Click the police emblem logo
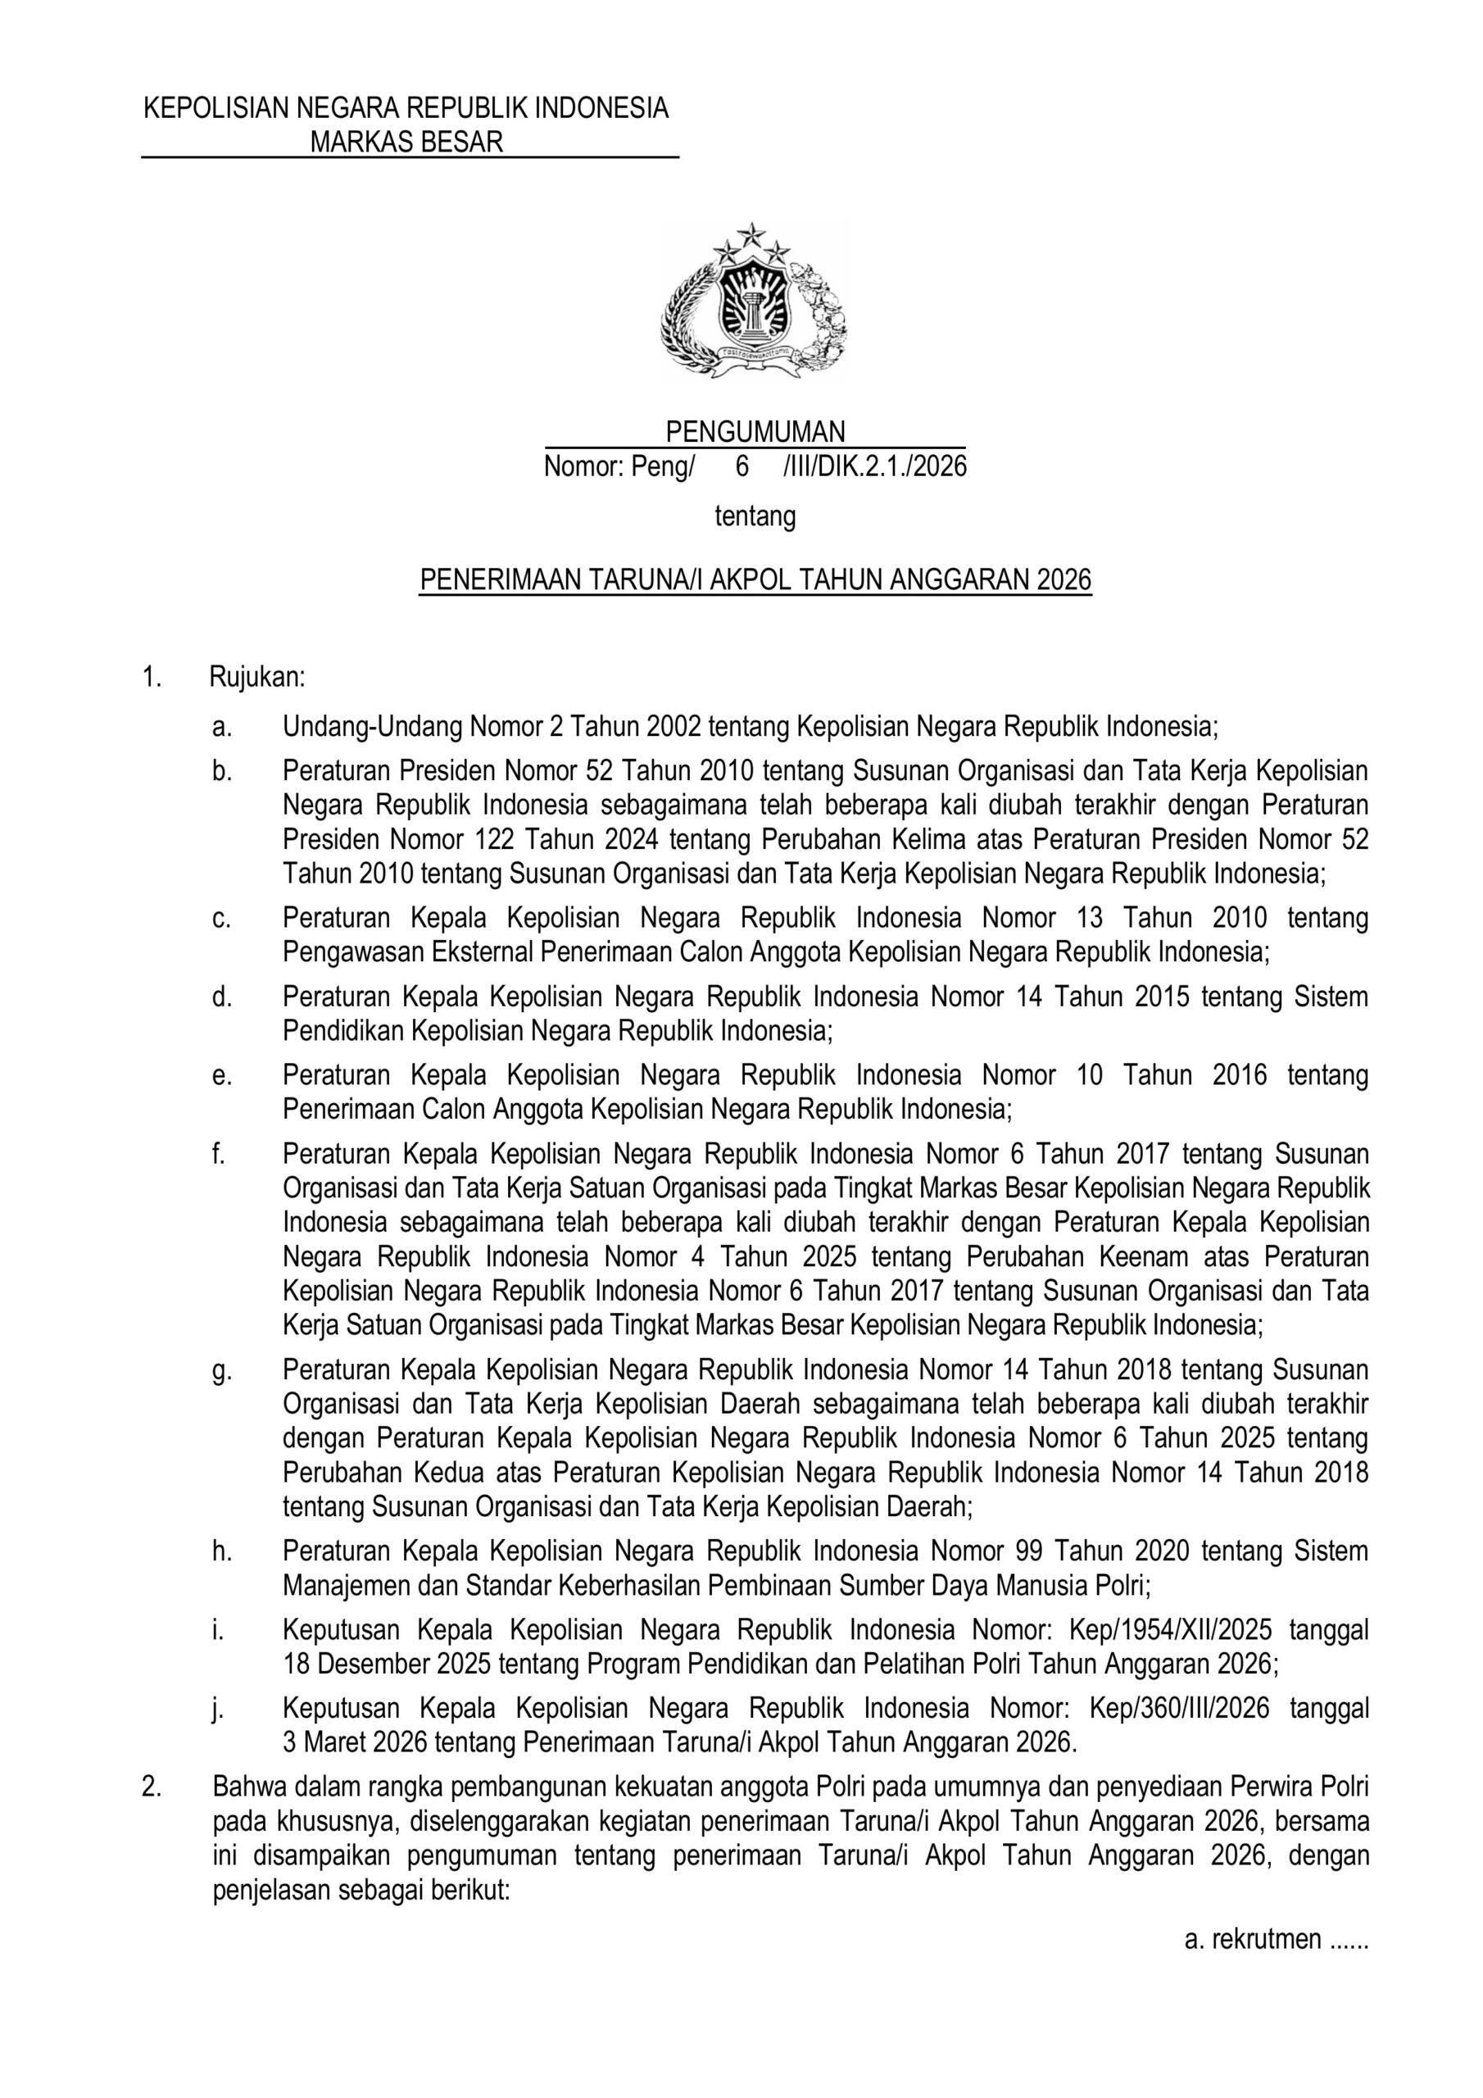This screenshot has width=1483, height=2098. point(754,300)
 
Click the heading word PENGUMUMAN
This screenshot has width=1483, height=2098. point(755,431)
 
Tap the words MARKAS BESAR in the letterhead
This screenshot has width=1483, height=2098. point(406,143)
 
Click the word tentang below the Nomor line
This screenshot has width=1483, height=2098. point(755,517)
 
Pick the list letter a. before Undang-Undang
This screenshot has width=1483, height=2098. point(220,728)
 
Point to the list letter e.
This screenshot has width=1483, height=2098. point(220,1074)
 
